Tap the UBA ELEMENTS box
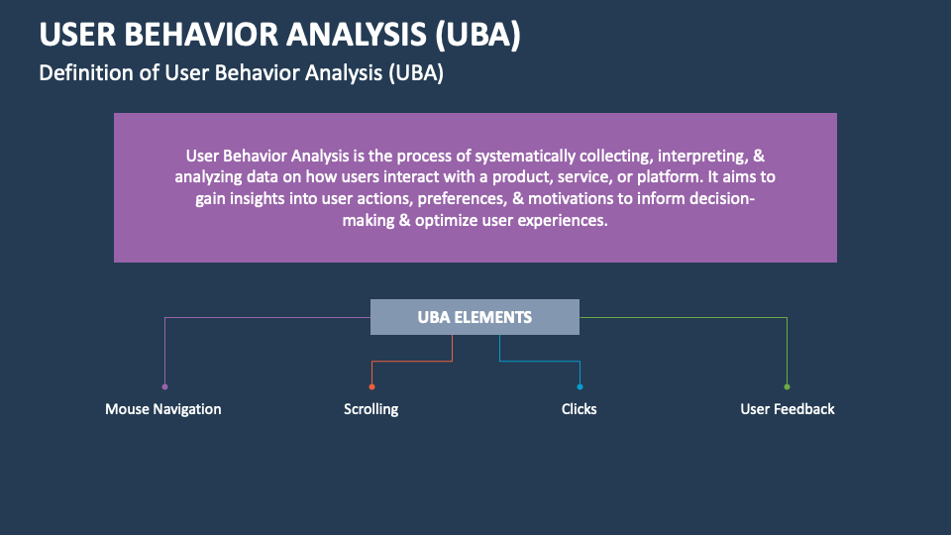475,317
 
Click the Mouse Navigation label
163,409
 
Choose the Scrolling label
371,409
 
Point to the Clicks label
580,409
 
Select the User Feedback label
788,409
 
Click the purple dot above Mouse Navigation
164,386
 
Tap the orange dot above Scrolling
371,386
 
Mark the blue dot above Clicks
580,386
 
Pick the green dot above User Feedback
788,386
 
